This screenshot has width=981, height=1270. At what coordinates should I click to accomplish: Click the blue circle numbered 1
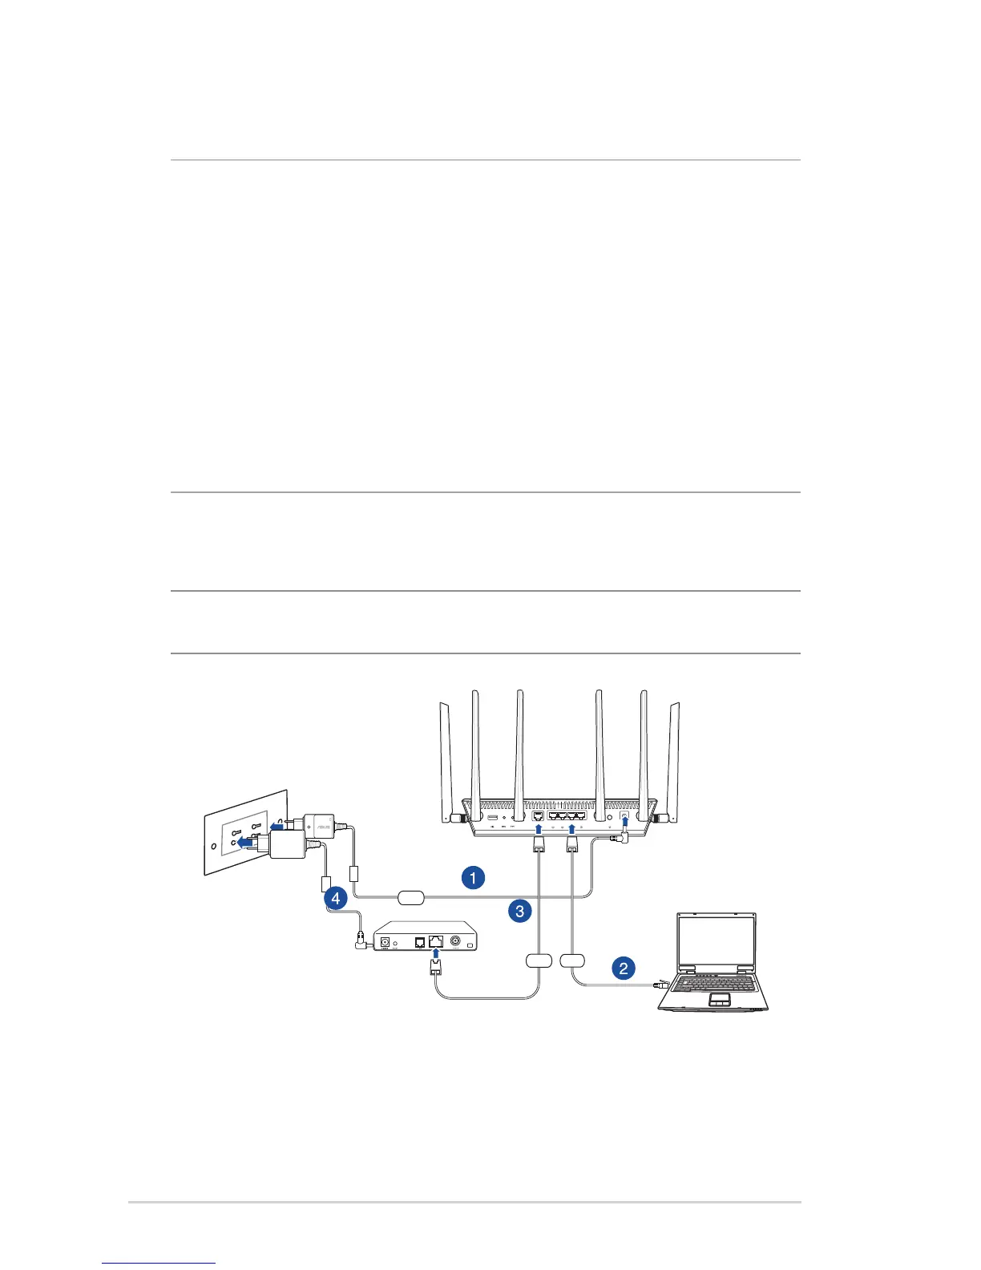pyautogui.click(x=473, y=877)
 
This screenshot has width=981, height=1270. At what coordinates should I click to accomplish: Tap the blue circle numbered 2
pyautogui.click(x=624, y=968)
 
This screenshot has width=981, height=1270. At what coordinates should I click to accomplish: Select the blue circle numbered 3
pyautogui.click(x=520, y=910)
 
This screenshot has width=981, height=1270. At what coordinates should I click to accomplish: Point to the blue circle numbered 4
pyautogui.click(x=336, y=898)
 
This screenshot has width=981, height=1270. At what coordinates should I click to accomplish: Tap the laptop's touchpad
pyautogui.click(x=719, y=998)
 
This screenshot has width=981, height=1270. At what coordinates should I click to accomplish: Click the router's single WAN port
pyautogui.click(x=539, y=816)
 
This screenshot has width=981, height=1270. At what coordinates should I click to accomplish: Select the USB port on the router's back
pyautogui.click(x=493, y=817)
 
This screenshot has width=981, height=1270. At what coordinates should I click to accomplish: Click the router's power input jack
pyautogui.click(x=624, y=815)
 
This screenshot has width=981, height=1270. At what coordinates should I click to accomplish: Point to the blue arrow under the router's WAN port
pyautogui.click(x=539, y=831)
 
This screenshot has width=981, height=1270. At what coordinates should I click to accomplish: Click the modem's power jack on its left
pyautogui.click(x=385, y=942)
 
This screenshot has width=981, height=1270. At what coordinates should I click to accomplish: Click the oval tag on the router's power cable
pyautogui.click(x=410, y=896)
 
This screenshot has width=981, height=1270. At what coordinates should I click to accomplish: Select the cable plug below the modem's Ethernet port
pyautogui.click(x=436, y=968)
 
